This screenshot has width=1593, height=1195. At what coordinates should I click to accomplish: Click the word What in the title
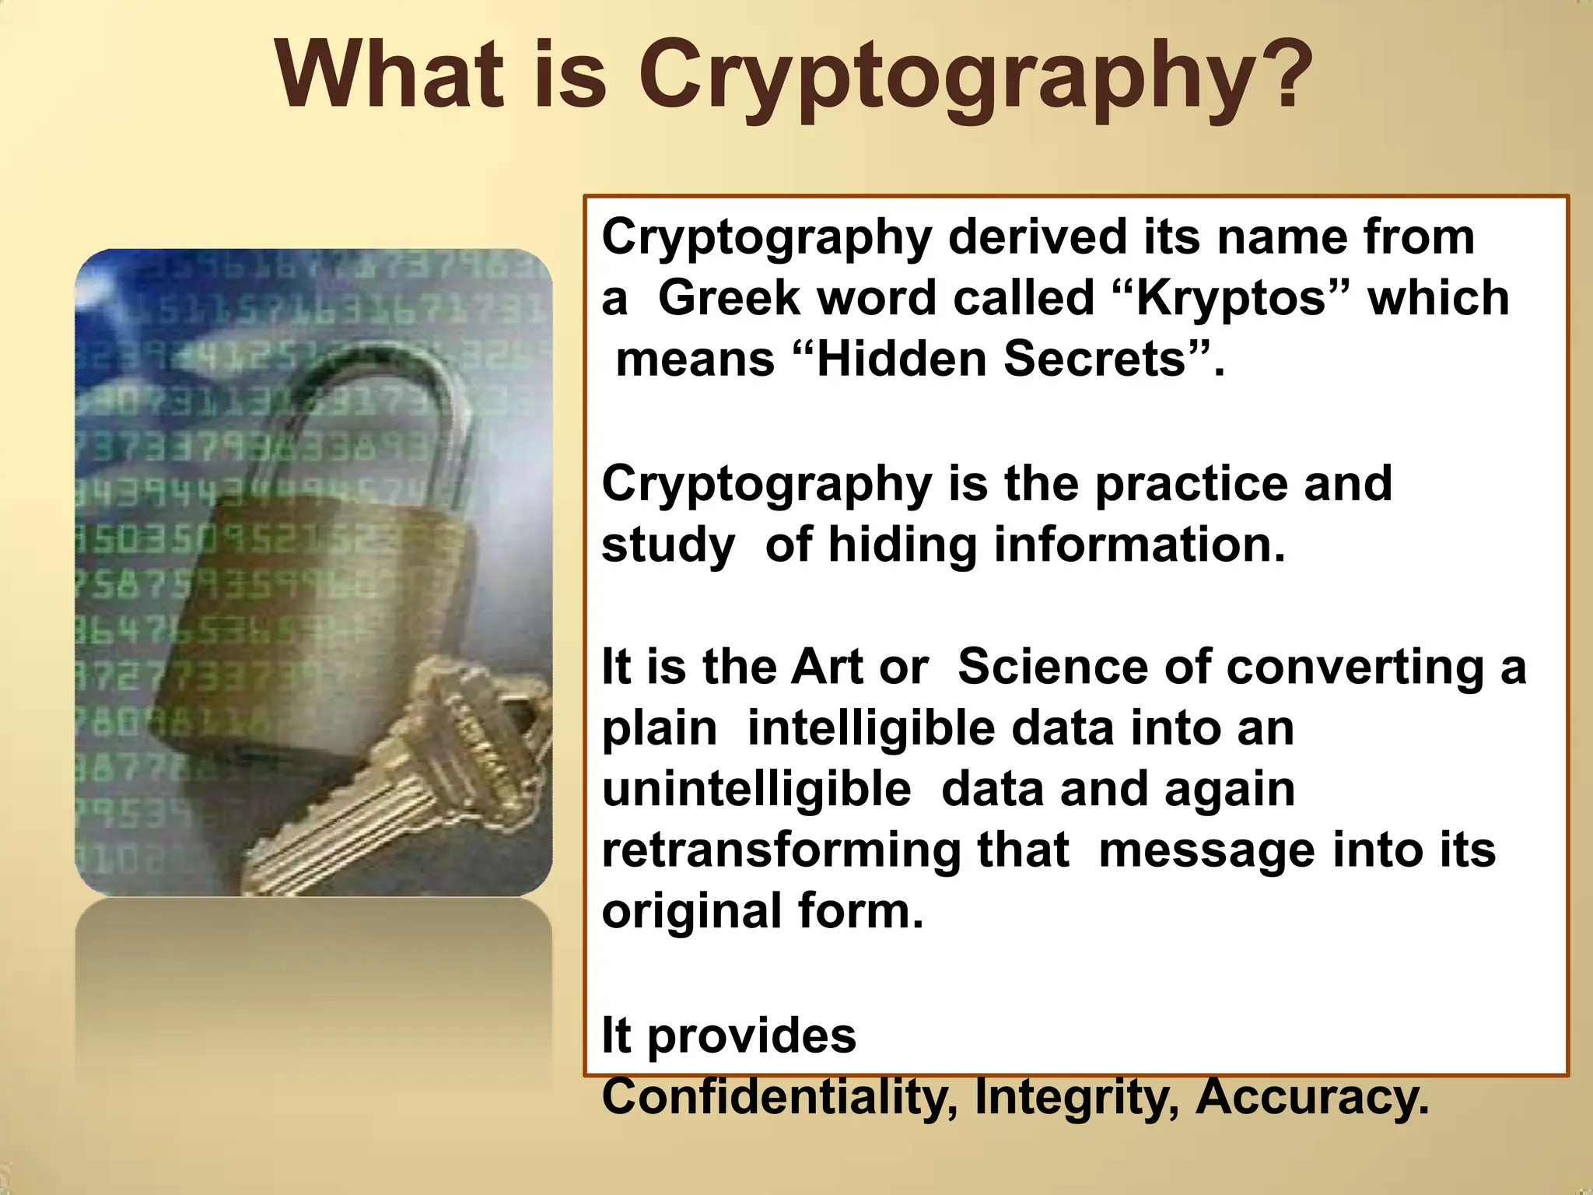pyautogui.click(x=389, y=74)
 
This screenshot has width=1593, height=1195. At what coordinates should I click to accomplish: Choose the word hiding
pyautogui.click(x=902, y=545)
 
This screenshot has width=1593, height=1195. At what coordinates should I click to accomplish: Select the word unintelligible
pyautogui.click(x=756, y=789)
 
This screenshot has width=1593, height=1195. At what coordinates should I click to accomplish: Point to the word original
pyautogui.click(x=692, y=912)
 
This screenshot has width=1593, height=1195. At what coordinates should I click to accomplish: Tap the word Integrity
pyautogui.click(x=1077, y=1097)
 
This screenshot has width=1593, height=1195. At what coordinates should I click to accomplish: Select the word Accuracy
pyautogui.click(x=1311, y=1097)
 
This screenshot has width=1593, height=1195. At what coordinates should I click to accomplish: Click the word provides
pyautogui.click(x=751, y=1036)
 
